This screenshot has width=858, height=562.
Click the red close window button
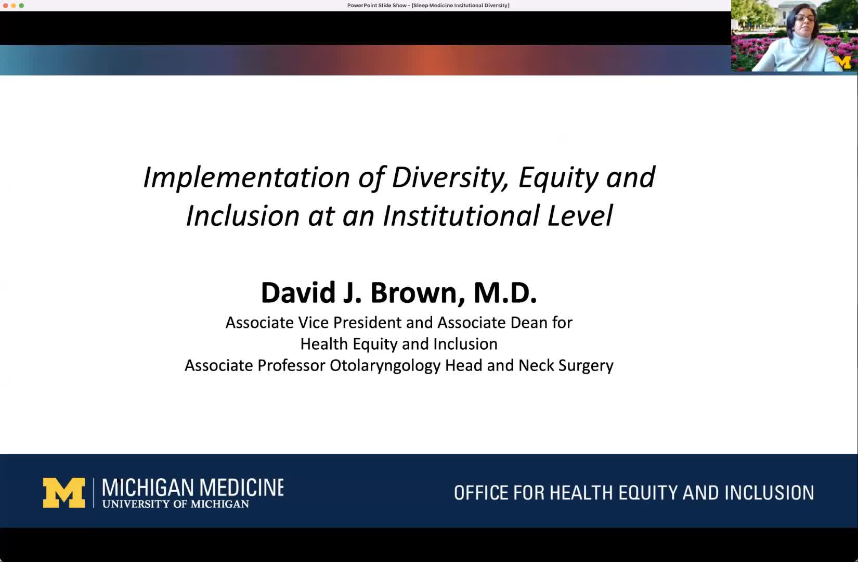coord(5,5)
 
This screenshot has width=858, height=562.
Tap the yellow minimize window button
coord(14,5)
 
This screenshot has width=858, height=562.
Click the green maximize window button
coord(21,5)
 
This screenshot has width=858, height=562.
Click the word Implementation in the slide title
coord(246,178)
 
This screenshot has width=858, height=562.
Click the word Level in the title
coord(580,215)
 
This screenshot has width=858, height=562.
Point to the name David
coord(298,293)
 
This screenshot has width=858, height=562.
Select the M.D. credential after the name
coord(505,293)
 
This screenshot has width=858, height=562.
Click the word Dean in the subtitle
coord(529,323)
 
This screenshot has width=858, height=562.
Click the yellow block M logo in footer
coord(64,493)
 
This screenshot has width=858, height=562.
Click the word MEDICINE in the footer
coord(241,488)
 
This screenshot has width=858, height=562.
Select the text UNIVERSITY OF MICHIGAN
coord(175,504)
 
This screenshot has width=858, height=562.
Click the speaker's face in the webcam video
coord(805,21)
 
